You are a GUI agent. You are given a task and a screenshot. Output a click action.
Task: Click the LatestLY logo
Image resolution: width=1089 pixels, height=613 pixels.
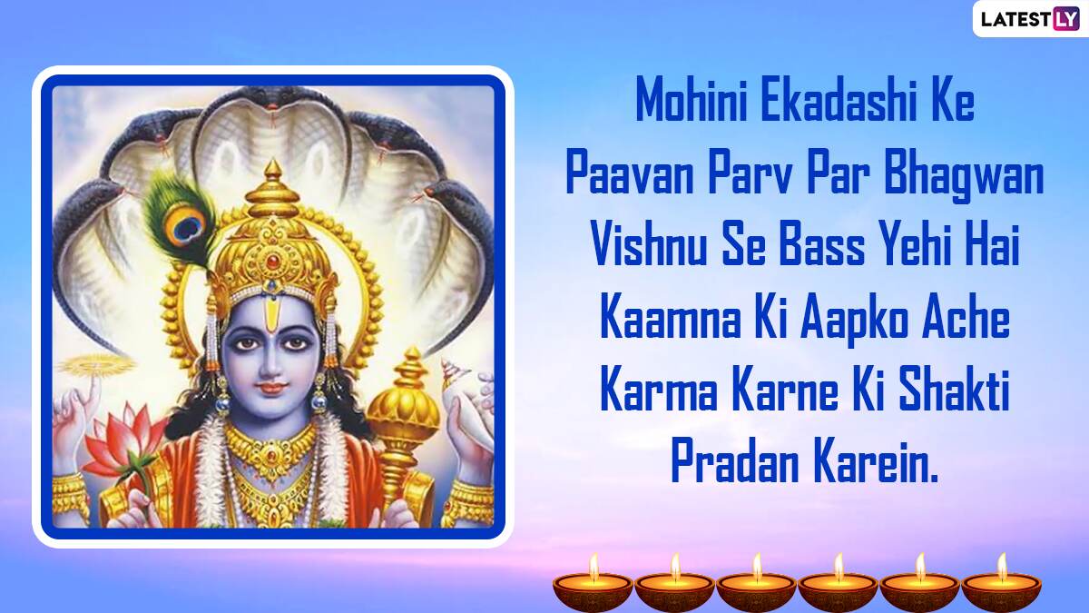tap(1030, 18)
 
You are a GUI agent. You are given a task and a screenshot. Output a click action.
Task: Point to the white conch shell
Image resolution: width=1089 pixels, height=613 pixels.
tap(459, 384)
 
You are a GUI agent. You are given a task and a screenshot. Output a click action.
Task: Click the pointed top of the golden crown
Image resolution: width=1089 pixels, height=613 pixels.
tap(274, 168)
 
